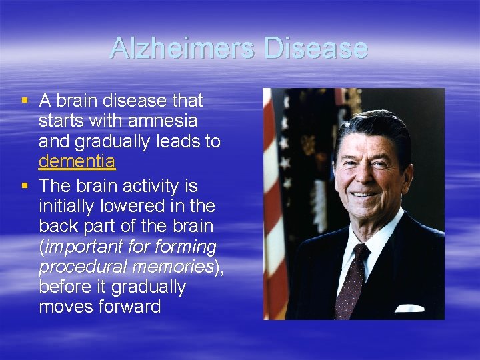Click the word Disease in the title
click(315, 48)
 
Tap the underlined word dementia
click(77, 161)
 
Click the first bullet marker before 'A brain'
click(25, 101)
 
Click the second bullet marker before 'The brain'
click(25, 185)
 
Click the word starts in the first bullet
click(61, 121)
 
